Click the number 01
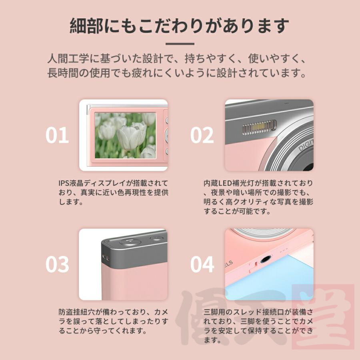57,135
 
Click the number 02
202,135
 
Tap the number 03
57,264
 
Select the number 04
202,264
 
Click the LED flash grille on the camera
259,128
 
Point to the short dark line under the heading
180,44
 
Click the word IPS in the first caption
63,183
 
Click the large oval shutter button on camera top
130,242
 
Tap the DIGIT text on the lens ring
306,145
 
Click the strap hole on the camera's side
106,257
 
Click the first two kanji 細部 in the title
86,26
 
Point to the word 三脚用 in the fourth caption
214,312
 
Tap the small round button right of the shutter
156,238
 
